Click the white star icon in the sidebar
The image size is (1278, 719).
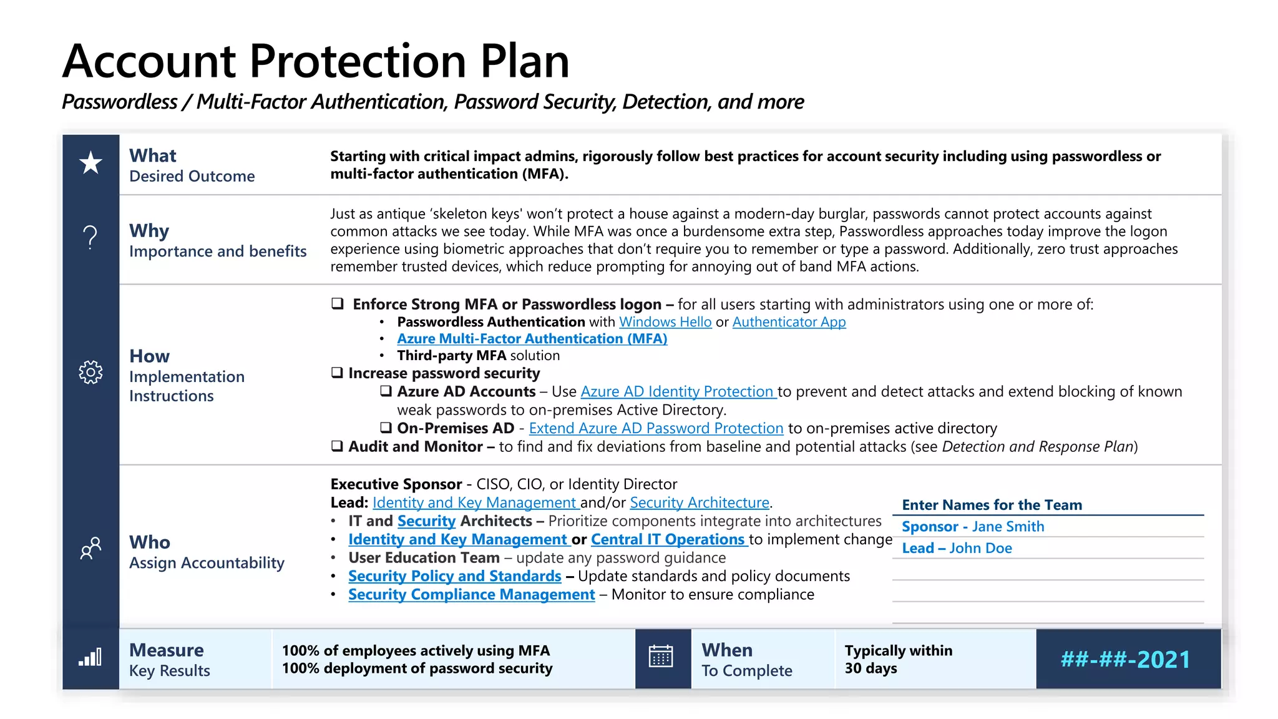coord(91,163)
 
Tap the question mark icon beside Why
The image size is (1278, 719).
coord(90,238)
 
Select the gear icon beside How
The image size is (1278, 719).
coord(90,372)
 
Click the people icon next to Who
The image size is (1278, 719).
coord(90,548)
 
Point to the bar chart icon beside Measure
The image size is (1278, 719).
coord(90,657)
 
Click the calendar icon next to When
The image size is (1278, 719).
coord(661,657)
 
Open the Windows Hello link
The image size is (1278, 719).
coord(665,322)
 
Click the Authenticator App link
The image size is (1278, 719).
coord(789,322)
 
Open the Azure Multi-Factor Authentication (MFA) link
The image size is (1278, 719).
coord(532,339)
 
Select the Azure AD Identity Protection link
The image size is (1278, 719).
coord(677,392)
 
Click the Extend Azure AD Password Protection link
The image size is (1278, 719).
coord(656,429)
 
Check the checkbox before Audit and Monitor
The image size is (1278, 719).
coord(337,446)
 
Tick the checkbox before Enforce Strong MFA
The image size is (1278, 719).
coord(338,304)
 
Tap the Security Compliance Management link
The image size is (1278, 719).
coord(471,595)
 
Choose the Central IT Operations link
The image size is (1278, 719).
coord(668,539)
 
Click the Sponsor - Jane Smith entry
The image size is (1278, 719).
coord(972,527)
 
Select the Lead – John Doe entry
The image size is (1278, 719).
coord(957,549)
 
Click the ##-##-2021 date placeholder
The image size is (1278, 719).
coord(1125,660)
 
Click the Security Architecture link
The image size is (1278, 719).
coord(699,503)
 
